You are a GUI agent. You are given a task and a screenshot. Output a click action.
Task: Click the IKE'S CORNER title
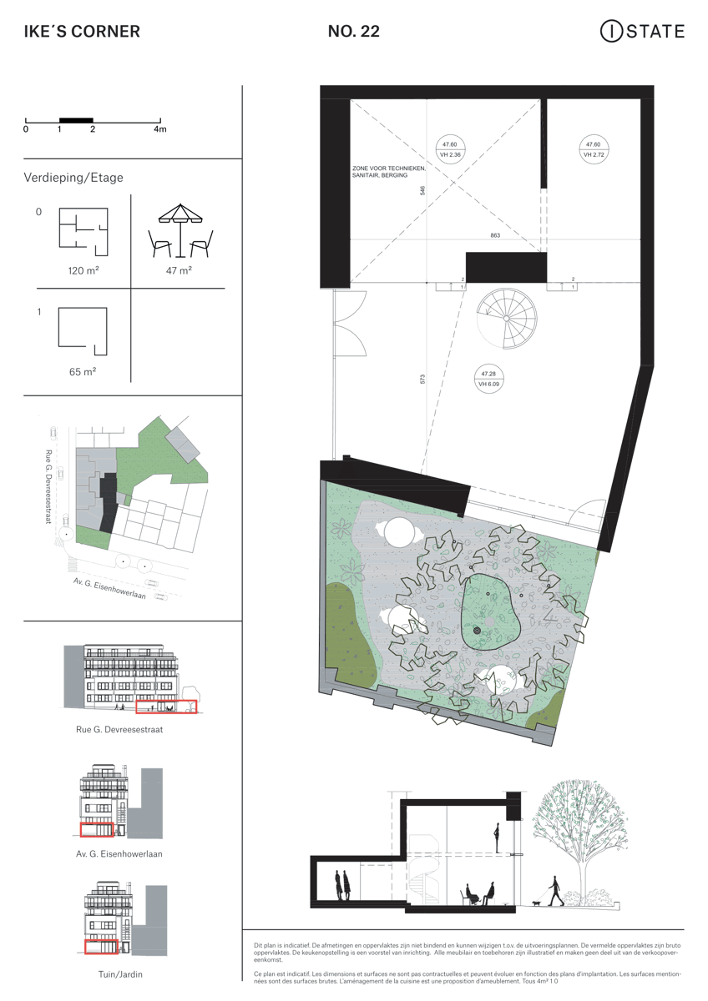(82, 33)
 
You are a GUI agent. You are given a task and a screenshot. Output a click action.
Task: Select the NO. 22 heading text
(354, 33)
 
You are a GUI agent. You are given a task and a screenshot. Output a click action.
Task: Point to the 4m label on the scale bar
(159, 129)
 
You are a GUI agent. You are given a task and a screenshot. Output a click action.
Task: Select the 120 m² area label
(83, 271)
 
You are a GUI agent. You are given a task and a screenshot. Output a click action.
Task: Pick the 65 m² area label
(83, 371)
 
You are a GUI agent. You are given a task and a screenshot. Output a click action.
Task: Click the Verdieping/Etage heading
(74, 178)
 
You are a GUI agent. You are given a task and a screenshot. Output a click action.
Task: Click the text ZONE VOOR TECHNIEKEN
(388, 169)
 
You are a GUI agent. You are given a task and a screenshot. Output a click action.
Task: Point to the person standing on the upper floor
(497, 835)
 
